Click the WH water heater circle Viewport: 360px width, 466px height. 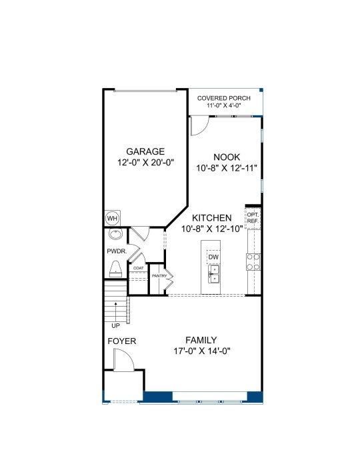[113, 219]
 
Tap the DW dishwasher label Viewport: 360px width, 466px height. [213, 257]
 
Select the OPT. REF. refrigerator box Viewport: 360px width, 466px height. [253, 218]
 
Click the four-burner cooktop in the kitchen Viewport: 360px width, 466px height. [253, 262]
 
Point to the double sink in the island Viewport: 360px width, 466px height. [213, 274]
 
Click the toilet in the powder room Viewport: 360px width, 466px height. [115, 269]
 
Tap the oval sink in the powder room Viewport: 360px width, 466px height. [115, 234]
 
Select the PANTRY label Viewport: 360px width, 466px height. [159, 276]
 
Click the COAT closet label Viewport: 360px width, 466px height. [138, 268]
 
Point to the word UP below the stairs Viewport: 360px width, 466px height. [115, 326]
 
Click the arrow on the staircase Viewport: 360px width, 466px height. [115, 311]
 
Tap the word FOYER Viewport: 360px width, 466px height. [122, 341]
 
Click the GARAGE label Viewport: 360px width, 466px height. [145, 151]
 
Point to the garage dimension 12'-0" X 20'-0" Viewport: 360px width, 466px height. [145, 163]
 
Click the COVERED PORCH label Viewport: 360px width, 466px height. [224, 98]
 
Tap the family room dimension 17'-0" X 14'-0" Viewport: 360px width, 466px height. [202, 351]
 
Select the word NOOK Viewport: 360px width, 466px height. [227, 157]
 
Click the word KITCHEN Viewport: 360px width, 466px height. [211, 218]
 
